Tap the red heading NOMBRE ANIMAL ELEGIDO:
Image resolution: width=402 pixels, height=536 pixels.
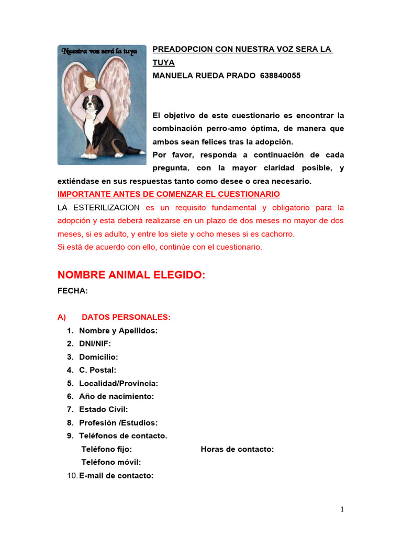(x=131, y=275)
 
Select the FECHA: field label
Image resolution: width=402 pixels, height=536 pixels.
(x=72, y=291)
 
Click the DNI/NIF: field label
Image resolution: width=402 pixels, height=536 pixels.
(x=95, y=344)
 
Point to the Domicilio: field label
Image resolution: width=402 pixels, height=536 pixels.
(x=98, y=357)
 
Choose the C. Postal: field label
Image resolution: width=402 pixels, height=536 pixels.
(x=97, y=370)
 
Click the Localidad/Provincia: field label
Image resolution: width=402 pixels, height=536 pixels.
(x=118, y=383)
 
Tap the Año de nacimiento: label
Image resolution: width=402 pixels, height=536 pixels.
(x=116, y=396)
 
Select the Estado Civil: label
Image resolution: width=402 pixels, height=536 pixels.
(x=103, y=409)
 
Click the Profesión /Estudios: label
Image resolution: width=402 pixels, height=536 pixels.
(x=118, y=422)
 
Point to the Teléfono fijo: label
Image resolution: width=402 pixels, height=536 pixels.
(x=106, y=449)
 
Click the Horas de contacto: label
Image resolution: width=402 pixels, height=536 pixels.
(x=237, y=449)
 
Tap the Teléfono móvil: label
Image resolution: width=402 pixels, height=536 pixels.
(x=111, y=462)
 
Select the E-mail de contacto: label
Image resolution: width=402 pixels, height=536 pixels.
(x=116, y=476)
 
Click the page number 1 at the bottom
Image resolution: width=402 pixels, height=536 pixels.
(x=342, y=509)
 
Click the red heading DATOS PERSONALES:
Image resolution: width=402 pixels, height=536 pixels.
(x=126, y=317)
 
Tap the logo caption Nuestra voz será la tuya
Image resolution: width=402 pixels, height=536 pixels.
(x=99, y=51)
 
